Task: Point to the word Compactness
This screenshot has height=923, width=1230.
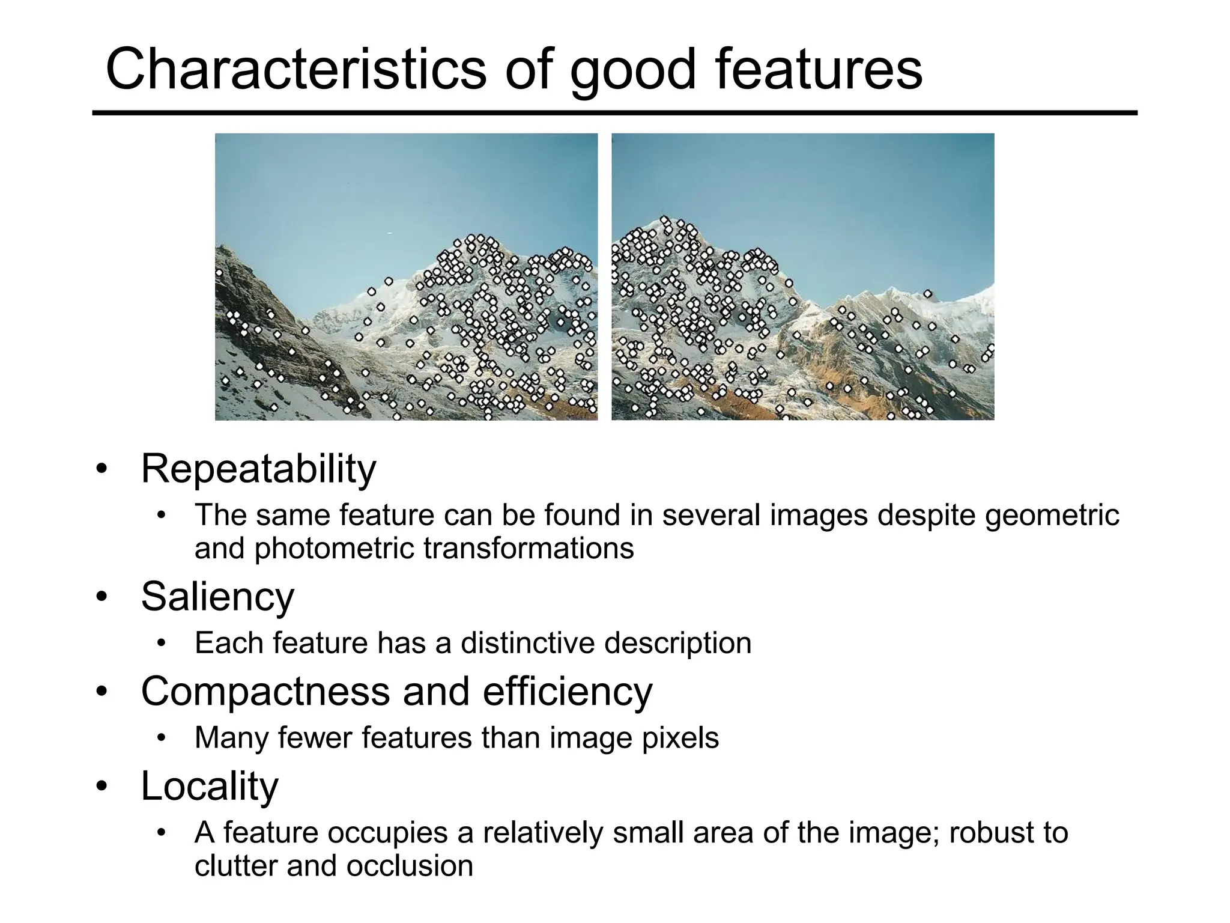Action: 265,691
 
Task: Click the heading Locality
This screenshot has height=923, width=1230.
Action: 210,785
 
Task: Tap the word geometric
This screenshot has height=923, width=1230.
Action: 1052,516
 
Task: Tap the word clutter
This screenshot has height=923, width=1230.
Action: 236,866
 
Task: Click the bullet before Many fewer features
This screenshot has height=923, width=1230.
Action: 160,738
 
